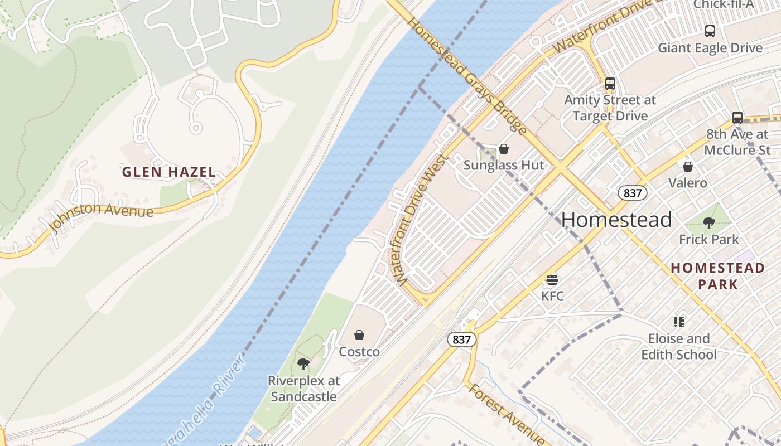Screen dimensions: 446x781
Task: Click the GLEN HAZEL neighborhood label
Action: [169, 172]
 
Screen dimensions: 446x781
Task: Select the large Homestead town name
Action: [616, 220]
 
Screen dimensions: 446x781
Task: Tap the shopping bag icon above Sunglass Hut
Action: [504, 149]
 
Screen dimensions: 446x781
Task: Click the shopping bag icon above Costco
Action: [359, 335]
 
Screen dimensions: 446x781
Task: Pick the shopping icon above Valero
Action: [688, 167]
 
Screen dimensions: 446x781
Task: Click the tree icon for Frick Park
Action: [709, 223]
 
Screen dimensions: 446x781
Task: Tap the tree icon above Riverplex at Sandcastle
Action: [303, 364]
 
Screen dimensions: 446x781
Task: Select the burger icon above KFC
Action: [552, 279]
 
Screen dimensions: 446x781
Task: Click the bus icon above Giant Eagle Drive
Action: [710, 31]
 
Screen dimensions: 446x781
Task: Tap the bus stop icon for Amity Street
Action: [610, 84]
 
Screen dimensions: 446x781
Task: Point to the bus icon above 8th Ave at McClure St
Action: [737, 118]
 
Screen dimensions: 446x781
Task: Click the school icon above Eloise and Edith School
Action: [678, 322]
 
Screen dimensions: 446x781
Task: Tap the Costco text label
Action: [359, 352]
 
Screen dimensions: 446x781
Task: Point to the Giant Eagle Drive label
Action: [710, 48]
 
